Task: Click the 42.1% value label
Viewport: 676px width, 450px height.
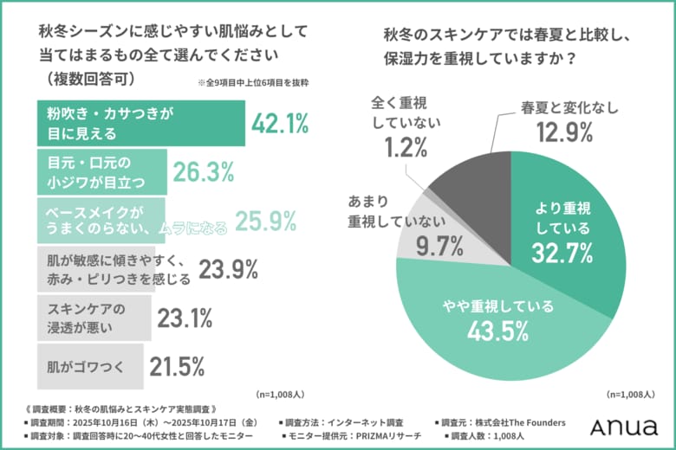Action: [x=280, y=124]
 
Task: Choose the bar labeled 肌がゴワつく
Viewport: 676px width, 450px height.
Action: [x=89, y=366]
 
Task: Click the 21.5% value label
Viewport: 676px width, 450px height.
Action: [x=176, y=366]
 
